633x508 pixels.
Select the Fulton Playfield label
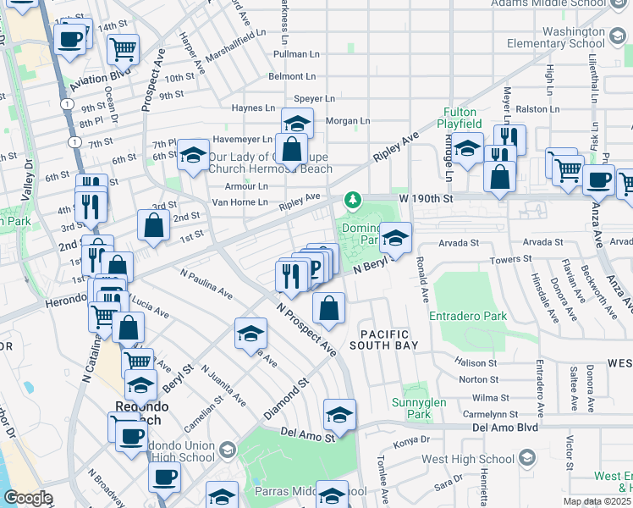(x=460, y=118)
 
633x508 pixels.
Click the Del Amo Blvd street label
(x=504, y=428)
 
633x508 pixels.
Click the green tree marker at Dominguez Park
(x=352, y=201)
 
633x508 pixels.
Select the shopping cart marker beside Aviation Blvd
(x=124, y=48)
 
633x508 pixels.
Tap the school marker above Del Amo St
(x=339, y=415)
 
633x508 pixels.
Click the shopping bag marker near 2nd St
(x=153, y=226)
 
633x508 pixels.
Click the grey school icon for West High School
(x=527, y=459)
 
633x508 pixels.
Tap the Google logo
(x=28, y=498)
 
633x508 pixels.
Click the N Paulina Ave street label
(x=206, y=284)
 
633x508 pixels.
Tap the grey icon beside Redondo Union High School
(x=226, y=448)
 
